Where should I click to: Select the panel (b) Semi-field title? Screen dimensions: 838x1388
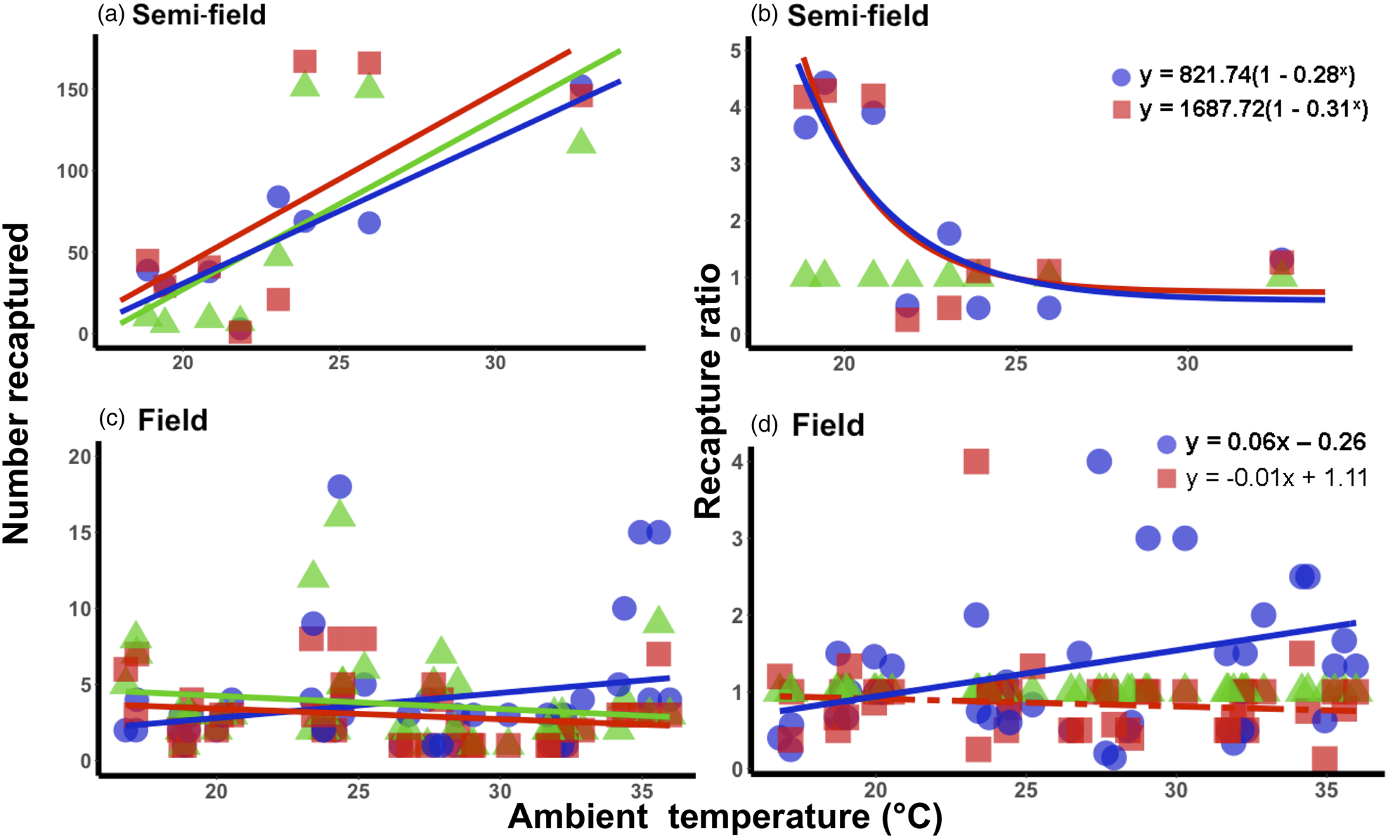tap(841, 15)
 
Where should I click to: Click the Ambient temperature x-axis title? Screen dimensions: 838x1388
tap(725, 817)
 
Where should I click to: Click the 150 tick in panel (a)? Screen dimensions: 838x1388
tap(73, 91)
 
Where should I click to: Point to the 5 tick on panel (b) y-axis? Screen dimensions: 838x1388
tap(736, 51)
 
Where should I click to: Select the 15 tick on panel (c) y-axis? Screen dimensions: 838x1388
tap(80, 533)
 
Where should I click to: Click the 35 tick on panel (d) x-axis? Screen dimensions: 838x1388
tap(1326, 791)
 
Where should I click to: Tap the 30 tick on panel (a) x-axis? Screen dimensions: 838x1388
tap(495, 363)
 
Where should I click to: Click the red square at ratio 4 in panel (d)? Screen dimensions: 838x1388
tap(976, 462)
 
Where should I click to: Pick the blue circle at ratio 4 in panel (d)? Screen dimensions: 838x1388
tap(1098, 462)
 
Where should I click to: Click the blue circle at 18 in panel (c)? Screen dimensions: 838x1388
tap(339, 486)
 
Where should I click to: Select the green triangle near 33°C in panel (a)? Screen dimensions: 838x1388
tap(581, 142)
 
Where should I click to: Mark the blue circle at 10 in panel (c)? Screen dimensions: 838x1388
tap(624, 608)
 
